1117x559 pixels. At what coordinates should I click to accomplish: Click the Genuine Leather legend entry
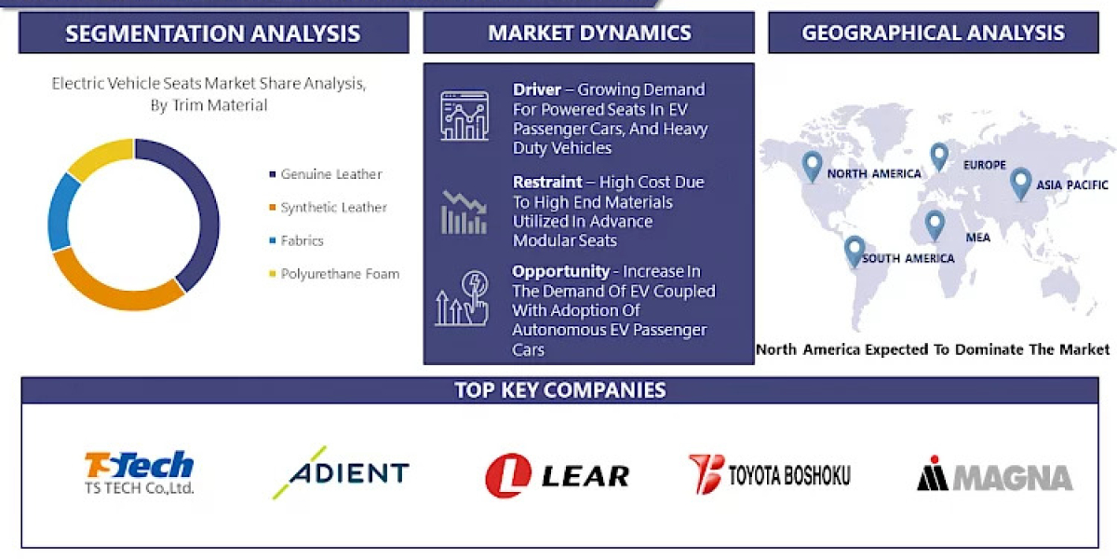[x=330, y=174]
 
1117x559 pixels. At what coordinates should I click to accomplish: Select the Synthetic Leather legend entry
[x=333, y=208]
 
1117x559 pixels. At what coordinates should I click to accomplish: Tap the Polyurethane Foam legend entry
[x=339, y=274]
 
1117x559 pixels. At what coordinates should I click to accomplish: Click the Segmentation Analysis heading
[x=212, y=34]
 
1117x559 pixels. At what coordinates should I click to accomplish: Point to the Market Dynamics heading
[x=589, y=34]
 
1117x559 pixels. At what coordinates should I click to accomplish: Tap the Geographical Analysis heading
[x=933, y=34]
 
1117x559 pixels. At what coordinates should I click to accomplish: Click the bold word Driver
[x=537, y=89]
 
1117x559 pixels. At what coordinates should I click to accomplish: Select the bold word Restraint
[x=547, y=182]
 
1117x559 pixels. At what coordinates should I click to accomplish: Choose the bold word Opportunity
[x=559, y=271]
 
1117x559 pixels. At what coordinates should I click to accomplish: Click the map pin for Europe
[x=939, y=156]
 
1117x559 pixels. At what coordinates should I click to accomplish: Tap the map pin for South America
[x=854, y=250]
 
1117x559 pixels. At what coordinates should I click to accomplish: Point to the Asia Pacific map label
[x=1072, y=185]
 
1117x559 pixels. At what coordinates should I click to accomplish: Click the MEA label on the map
[x=977, y=238]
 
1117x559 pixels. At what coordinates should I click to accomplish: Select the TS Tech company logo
[x=140, y=473]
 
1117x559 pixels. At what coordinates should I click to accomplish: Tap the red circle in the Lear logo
[x=507, y=476]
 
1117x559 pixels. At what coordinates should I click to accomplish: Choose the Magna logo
[x=994, y=476]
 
